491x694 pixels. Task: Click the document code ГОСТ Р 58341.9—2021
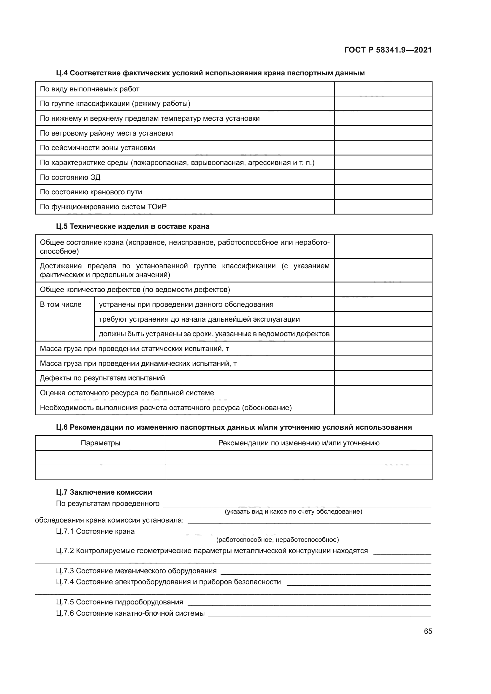point(388,50)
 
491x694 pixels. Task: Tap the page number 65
point(428,631)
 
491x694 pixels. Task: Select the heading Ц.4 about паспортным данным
point(210,73)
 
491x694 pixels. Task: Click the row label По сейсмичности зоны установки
point(97,148)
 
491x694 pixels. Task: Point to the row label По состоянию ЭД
point(70,177)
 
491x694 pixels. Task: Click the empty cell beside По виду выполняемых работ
point(383,89)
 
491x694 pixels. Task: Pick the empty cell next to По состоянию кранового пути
point(383,192)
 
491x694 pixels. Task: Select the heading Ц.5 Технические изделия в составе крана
point(132,226)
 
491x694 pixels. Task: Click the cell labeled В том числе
point(61,304)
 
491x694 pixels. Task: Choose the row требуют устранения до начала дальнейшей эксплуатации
point(199,319)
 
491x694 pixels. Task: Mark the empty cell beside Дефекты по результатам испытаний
point(383,378)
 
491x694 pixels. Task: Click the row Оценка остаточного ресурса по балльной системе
point(127,393)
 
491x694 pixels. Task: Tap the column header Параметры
point(100,443)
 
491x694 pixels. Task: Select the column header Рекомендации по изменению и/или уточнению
point(299,443)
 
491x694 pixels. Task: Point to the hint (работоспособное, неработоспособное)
point(278,539)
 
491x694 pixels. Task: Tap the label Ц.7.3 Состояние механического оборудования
point(136,571)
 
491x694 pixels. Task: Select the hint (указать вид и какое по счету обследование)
point(293,512)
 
